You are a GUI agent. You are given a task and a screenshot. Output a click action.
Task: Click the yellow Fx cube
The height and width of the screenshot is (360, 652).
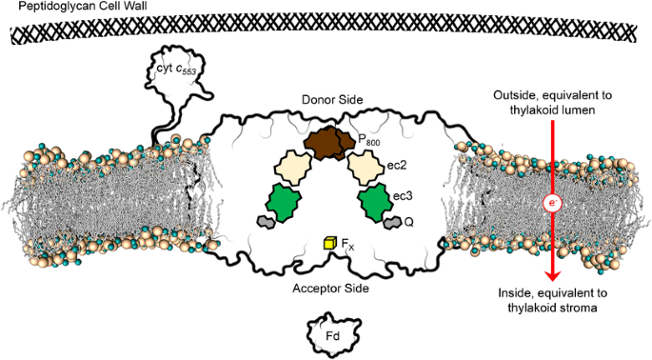click(329, 243)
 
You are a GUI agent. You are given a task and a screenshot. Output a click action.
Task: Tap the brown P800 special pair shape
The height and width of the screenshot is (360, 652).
click(329, 143)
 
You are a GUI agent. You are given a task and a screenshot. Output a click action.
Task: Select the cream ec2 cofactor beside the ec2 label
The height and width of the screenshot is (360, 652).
click(366, 169)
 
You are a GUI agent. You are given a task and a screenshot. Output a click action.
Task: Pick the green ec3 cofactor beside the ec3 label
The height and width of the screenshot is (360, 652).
click(375, 203)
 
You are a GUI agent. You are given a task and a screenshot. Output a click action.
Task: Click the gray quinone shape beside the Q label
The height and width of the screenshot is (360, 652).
click(392, 223)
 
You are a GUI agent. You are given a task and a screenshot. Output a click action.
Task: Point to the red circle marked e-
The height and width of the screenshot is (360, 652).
click(553, 203)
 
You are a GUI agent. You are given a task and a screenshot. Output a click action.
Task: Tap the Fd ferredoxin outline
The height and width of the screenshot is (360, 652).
click(333, 334)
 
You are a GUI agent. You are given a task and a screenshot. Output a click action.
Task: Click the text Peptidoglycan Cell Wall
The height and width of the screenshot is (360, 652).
click(83, 7)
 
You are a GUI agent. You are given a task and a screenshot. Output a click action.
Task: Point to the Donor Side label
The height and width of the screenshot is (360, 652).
click(332, 100)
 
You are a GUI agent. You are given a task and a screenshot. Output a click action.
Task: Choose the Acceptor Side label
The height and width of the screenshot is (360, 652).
click(330, 288)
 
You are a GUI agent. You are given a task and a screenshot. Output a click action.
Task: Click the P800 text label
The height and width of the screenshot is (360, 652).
click(368, 140)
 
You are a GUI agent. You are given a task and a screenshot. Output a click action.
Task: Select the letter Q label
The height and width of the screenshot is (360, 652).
click(408, 223)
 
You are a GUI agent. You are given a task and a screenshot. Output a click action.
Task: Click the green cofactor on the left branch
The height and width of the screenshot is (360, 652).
click(286, 203)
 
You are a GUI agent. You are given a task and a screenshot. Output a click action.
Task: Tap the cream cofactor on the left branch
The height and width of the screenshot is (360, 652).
click(292, 169)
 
